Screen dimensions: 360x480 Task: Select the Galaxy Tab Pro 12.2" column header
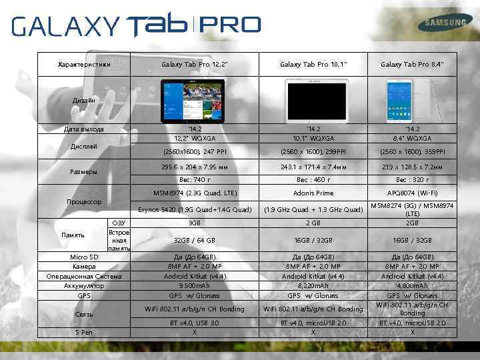pyautogui.click(x=194, y=64)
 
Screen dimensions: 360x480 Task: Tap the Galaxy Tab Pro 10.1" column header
pyautogui.click(x=313, y=64)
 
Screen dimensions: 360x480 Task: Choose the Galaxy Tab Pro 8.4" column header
pyautogui.click(x=413, y=64)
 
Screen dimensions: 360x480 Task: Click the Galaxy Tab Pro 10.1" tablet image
pyautogui.click(x=313, y=99)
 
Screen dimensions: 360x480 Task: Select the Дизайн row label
pyautogui.click(x=84, y=100)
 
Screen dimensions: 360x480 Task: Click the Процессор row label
pyautogui.click(x=84, y=201)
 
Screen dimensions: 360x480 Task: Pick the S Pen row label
pyautogui.click(x=84, y=332)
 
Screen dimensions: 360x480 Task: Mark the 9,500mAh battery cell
pyautogui.click(x=194, y=285)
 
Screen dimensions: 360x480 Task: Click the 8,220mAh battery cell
pyautogui.click(x=313, y=285)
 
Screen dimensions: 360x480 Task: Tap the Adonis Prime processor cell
pyautogui.click(x=313, y=193)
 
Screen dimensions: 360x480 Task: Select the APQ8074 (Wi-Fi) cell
pyautogui.click(x=413, y=193)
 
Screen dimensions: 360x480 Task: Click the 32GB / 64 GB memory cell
pyautogui.click(x=194, y=240)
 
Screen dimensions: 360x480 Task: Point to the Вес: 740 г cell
pyautogui.click(x=194, y=179)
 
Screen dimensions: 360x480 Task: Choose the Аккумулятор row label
pyautogui.click(x=84, y=285)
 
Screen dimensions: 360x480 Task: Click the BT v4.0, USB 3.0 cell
pyautogui.click(x=194, y=323)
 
